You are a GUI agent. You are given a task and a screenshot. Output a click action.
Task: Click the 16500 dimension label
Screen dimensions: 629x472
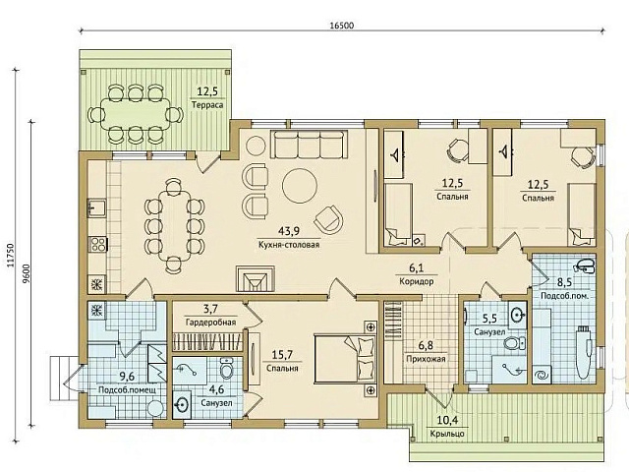click(x=342, y=26)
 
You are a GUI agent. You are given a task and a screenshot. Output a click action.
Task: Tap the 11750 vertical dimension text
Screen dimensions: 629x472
click(x=11, y=255)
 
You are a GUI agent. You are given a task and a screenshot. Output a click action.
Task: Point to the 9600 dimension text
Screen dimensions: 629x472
click(x=27, y=273)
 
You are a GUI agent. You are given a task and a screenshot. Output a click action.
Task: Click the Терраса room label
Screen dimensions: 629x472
click(x=207, y=105)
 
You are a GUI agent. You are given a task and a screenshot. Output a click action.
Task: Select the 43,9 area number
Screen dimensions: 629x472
click(x=289, y=231)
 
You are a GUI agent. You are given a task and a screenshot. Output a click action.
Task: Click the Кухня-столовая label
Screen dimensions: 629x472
click(x=289, y=245)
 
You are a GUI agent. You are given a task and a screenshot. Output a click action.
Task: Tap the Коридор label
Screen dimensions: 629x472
click(x=417, y=281)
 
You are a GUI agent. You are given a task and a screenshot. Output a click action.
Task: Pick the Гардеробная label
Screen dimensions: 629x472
click(x=211, y=322)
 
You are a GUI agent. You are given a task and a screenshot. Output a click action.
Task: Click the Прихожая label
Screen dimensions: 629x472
click(x=426, y=359)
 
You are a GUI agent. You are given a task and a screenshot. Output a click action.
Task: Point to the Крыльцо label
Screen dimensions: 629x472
click(x=447, y=434)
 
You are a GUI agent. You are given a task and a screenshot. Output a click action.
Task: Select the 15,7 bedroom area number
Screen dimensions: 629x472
click(x=282, y=355)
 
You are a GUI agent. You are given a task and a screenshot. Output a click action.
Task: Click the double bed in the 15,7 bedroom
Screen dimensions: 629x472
click(x=345, y=358)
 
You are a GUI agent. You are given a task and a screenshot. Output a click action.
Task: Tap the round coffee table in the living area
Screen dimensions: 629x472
click(x=299, y=185)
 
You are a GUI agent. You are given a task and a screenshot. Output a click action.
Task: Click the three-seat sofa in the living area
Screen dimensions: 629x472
click(x=309, y=145)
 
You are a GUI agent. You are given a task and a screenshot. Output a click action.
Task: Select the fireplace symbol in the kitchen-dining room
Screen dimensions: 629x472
click(x=255, y=279)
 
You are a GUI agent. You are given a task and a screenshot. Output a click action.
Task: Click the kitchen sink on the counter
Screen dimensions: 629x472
click(x=96, y=208)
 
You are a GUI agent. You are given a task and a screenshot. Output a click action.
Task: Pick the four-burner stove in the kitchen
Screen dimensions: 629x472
click(x=98, y=244)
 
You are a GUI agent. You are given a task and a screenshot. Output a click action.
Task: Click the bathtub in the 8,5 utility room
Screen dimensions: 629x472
click(x=584, y=353)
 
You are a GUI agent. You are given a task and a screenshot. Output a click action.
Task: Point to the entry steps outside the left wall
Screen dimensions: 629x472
click(x=64, y=378)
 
